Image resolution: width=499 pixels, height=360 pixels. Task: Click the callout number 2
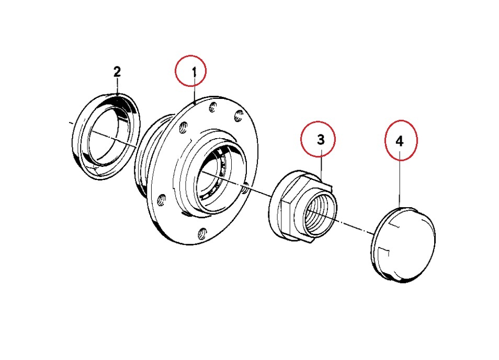click(x=117, y=72)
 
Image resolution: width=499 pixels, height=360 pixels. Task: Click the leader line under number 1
click(x=195, y=94)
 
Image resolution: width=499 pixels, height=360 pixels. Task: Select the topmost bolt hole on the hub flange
click(x=213, y=108)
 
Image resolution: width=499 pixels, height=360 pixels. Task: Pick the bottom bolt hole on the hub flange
click(x=202, y=233)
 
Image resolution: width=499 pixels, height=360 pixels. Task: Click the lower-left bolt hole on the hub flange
click(x=162, y=199)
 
